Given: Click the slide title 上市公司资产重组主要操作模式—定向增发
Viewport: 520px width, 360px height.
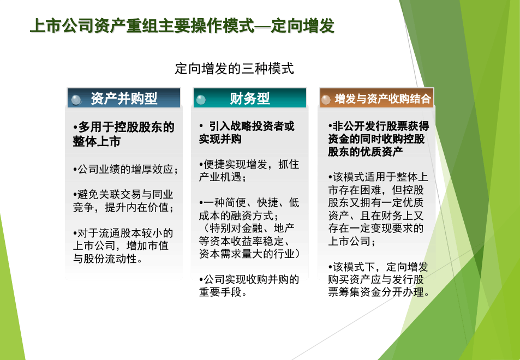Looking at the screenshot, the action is [182, 26].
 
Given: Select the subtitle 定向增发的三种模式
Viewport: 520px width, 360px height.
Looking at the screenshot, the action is [235, 69].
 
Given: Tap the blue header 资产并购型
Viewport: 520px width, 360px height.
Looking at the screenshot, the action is [124, 98].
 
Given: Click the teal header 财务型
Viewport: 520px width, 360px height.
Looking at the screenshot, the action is [250, 98].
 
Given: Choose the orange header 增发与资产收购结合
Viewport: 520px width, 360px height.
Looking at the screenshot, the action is [376, 98].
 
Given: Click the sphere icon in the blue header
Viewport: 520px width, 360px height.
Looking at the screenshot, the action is [76, 100].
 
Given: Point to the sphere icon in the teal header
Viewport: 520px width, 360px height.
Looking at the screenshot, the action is [201, 100].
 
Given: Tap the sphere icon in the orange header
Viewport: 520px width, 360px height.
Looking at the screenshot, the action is [326, 100].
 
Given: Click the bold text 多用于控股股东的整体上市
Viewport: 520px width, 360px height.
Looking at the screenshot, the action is [123, 134].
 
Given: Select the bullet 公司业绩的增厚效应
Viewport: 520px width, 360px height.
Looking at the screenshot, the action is [125, 170].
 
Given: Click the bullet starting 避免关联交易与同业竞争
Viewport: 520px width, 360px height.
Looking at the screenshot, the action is [123, 201].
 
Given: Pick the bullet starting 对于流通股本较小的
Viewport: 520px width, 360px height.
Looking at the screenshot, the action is [123, 245].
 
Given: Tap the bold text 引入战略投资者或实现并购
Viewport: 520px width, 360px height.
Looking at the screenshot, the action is [247, 132].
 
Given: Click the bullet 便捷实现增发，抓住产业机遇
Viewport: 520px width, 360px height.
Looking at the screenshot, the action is [249, 171].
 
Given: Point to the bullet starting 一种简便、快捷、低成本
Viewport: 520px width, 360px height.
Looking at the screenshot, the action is [249, 209].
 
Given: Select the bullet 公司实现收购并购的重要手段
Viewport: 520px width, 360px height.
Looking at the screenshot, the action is [249, 286].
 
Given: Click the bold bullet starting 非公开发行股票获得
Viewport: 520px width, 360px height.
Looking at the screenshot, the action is [378, 139].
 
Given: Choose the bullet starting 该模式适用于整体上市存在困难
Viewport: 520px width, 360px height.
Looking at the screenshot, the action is [378, 209].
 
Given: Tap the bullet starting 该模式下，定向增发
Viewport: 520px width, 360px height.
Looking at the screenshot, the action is [379, 279].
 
